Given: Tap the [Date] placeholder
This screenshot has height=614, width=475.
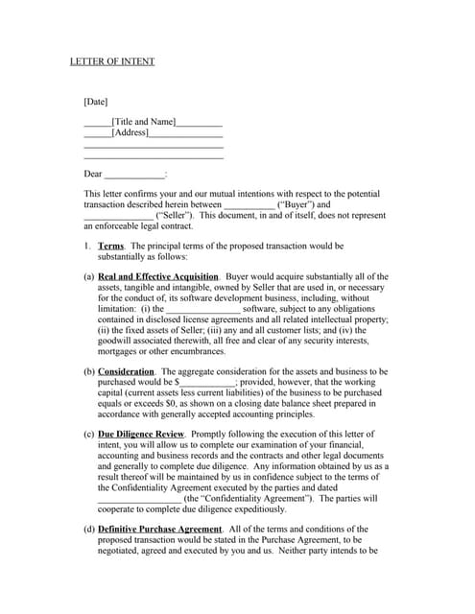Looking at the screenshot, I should click(x=96, y=102).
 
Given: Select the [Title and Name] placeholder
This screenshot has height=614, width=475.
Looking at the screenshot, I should click(x=144, y=122).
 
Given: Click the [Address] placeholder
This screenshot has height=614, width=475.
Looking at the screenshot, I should click(x=130, y=132).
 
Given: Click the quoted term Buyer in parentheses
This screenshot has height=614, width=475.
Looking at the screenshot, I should click(x=298, y=204).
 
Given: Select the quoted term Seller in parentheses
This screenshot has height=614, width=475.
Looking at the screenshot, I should click(x=177, y=216).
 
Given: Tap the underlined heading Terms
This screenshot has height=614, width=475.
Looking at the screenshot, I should click(x=111, y=246).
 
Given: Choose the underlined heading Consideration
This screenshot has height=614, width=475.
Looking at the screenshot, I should click(x=126, y=370).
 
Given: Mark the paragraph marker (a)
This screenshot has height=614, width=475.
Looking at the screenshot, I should click(x=89, y=276).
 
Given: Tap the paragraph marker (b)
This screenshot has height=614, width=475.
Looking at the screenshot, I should click(x=89, y=370).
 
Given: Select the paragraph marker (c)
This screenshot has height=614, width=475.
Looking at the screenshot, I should click(x=89, y=434).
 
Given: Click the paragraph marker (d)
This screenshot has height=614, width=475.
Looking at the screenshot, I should click(x=89, y=529).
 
